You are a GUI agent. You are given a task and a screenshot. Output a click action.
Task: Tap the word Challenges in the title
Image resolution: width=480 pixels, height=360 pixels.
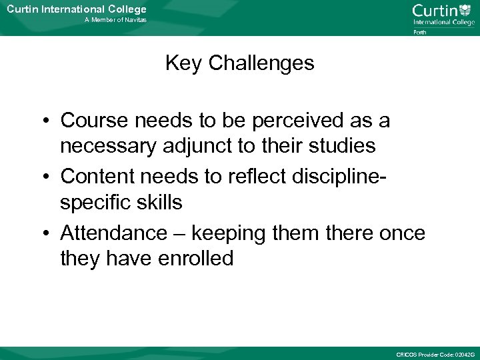click(x=261, y=63)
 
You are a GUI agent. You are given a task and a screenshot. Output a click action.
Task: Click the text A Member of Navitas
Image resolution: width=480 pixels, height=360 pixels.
click(x=115, y=20)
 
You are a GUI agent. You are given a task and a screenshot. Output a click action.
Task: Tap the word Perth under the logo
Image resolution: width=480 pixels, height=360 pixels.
click(x=420, y=31)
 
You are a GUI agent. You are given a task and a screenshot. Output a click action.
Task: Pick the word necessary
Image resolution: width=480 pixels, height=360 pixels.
click(x=107, y=145)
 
